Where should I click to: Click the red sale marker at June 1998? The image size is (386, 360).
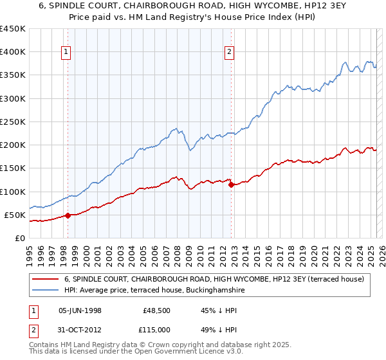tap(68, 215)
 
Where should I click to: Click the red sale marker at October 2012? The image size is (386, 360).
tap(230, 184)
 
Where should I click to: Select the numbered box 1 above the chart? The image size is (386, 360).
tap(67, 53)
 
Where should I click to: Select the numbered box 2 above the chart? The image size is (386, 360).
tap(230, 53)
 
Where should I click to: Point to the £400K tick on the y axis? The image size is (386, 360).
tap(13, 52)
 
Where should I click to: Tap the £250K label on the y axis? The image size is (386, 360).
tap(13, 122)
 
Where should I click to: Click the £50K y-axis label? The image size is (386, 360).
tap(15, 215)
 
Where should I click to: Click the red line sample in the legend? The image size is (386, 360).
tap(45, 279)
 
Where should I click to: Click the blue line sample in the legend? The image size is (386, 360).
tap(45, 290)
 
